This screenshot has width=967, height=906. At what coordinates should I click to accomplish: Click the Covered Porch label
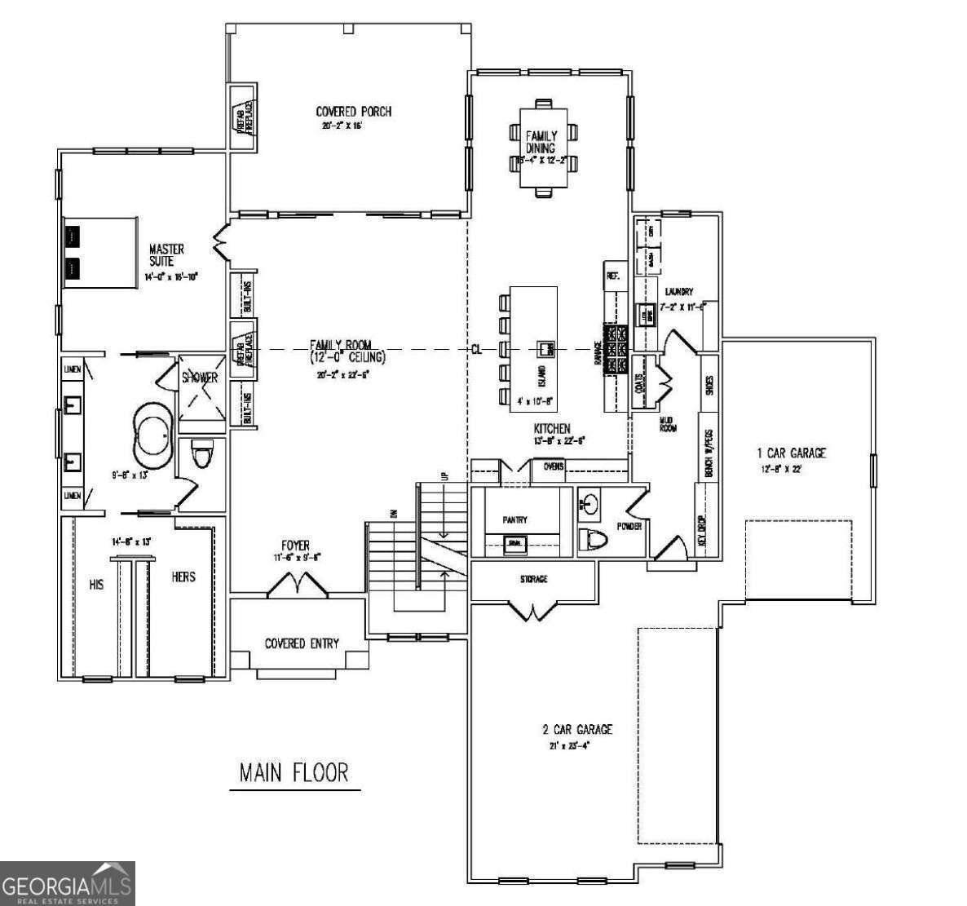[353, 112]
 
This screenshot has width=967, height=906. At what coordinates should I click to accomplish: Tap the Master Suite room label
[166, 254]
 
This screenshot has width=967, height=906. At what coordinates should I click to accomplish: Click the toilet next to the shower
[200, 453]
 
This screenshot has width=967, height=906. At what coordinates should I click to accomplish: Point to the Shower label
[199, 378]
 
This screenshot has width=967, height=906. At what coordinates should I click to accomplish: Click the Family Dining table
[541, 148]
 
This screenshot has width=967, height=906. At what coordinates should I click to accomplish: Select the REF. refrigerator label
[613, 276]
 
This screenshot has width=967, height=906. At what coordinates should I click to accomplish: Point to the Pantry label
[514, 519]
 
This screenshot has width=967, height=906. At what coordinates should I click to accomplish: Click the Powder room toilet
[593, 541]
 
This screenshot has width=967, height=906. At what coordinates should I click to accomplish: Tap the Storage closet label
[533, 579]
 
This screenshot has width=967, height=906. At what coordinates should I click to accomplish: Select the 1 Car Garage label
[791, 453]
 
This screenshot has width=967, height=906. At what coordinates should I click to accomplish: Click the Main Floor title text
[294, 772]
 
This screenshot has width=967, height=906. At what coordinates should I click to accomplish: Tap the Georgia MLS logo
[67, 883]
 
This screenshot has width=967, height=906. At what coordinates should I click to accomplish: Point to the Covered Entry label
[302, 643]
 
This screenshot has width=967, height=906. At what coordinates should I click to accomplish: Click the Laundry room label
[678, 291]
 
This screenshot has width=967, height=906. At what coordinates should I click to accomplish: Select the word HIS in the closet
[96, 585]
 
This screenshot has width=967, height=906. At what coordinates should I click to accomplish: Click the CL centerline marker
[477, 349]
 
